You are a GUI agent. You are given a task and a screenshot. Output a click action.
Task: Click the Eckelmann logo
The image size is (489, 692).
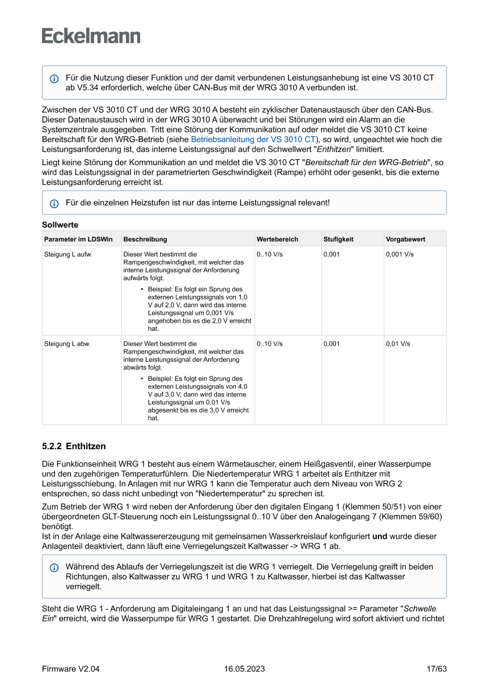(x=91, y=36)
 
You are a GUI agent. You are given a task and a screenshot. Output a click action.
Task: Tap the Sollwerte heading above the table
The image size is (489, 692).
(x=60, y=225)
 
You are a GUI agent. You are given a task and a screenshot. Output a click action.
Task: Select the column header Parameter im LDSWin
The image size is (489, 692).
(x=78, y=239)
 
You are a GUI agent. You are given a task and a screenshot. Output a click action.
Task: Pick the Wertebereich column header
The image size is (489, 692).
(x=277, y=239)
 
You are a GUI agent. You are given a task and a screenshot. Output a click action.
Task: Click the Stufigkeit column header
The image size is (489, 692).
(x=338, y=239)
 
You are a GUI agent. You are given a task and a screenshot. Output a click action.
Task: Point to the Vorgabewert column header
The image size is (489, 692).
(x=406, y=239)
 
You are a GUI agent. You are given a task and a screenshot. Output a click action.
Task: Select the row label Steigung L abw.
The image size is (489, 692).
(x=67, y=343)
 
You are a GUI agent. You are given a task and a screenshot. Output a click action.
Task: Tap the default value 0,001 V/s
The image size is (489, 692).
(x=400, y=254)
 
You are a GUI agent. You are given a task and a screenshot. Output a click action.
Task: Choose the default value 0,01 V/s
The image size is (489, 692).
(x=398, y=343)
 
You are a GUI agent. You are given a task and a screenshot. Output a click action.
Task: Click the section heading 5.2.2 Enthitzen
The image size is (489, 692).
(x=74, y=446)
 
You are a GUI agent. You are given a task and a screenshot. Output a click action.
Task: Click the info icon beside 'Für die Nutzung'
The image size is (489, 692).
(x=54, y=79)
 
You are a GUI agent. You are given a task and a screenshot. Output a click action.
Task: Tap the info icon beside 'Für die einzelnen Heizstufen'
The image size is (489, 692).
(x=54, y=203)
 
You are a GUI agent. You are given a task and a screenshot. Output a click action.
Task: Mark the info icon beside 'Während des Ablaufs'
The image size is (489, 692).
(x=54, y=567)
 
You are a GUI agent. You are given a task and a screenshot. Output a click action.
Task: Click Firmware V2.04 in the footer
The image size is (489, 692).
(x=70, y=669)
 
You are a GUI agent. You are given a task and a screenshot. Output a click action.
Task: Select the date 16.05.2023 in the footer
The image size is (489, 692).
(x=244, y=669)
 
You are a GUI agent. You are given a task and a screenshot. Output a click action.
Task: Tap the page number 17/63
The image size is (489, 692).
(x=436, y=669)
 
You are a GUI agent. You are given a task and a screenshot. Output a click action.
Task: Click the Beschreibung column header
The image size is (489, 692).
(x=145, y=239)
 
